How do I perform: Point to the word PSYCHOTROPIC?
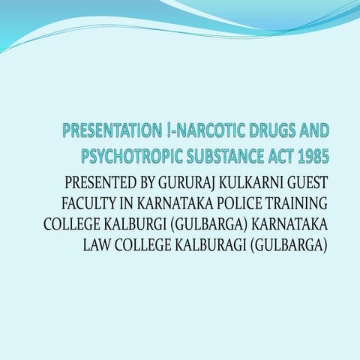[130, 157]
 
